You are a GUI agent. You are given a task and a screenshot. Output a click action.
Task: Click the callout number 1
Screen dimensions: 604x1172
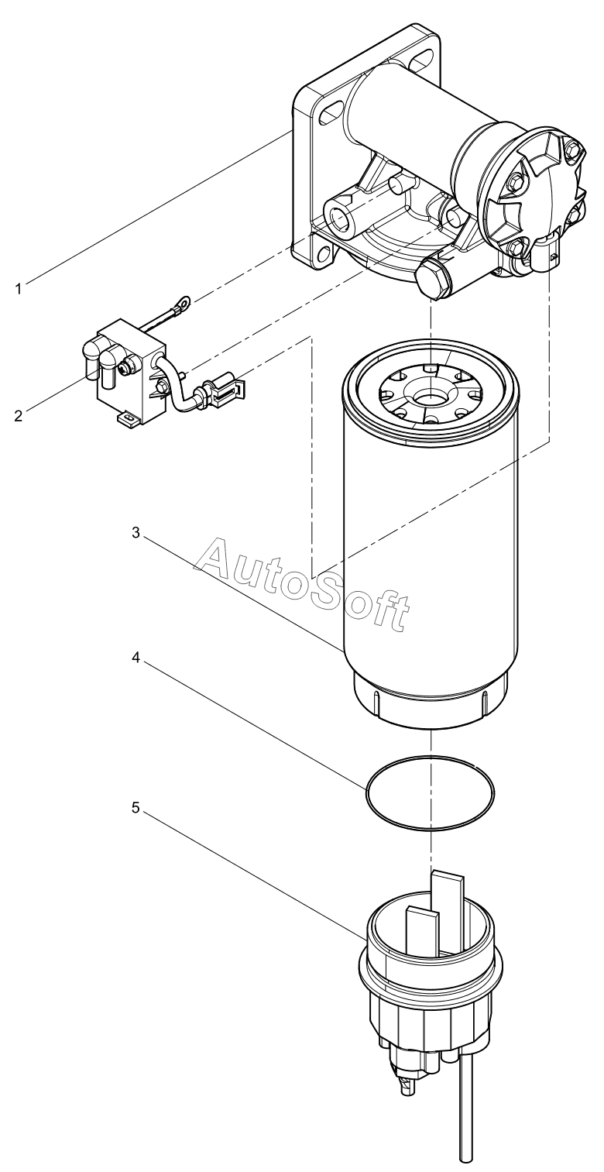click(x=19, y=289)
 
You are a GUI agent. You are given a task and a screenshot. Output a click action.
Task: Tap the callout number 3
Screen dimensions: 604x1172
click(x=136, y=533)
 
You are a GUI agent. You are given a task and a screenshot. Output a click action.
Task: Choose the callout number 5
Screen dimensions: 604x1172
click(x=136, y=809)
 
